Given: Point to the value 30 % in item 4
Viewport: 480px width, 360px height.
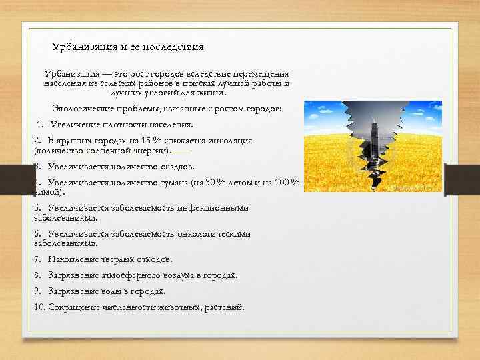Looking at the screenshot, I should pos(213,183).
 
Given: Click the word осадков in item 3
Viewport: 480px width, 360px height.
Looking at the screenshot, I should pos(175,166).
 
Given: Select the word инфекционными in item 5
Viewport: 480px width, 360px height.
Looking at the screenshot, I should pos(216,208).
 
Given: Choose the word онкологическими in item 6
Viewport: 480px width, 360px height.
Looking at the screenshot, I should pos(216,234).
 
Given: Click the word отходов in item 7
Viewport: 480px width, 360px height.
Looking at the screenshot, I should pos(153,259).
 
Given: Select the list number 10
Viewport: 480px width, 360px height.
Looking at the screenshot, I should pos(39,307).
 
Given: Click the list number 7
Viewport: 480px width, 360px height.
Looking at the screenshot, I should pos(37,259).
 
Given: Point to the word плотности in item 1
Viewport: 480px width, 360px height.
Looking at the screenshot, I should pos(115,125).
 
